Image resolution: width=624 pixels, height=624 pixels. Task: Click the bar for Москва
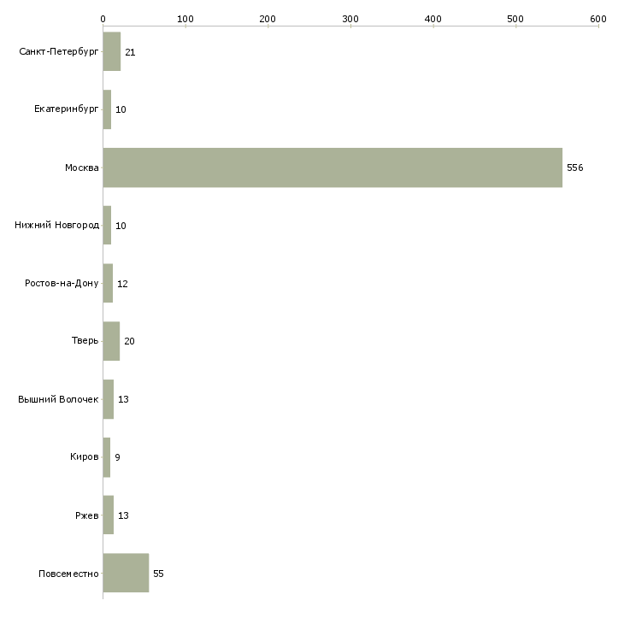(333, 168)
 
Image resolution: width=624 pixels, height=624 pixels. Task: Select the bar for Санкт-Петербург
(112, 51)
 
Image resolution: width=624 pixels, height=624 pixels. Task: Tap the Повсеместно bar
(126, 573)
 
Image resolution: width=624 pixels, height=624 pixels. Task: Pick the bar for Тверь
(111, 341)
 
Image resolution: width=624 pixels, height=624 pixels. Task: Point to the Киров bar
(107, 457)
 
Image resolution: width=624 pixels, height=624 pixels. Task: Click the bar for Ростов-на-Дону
(108, 283)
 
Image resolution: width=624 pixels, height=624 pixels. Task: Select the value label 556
(575, 168)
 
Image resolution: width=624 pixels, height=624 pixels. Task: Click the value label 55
(158, 574)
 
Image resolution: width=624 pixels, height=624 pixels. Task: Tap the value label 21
(130, 52)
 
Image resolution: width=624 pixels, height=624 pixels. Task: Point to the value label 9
(117, 457)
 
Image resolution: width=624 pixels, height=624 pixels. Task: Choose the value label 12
(122, 284)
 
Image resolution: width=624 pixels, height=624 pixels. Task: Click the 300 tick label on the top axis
(350, 19)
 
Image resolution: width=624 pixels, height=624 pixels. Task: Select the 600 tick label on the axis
(598, 19)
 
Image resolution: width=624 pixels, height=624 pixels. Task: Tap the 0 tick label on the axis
(103, 19)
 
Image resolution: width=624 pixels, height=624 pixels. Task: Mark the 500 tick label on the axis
(515, 19)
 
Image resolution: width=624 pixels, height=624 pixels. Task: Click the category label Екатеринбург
(66, 109)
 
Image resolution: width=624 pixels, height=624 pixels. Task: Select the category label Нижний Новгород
(56, 226)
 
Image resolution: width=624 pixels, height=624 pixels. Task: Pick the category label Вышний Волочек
(58, 399)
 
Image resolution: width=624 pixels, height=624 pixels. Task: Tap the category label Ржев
(86, 515)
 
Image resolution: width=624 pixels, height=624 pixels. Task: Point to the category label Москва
(81, 168)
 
